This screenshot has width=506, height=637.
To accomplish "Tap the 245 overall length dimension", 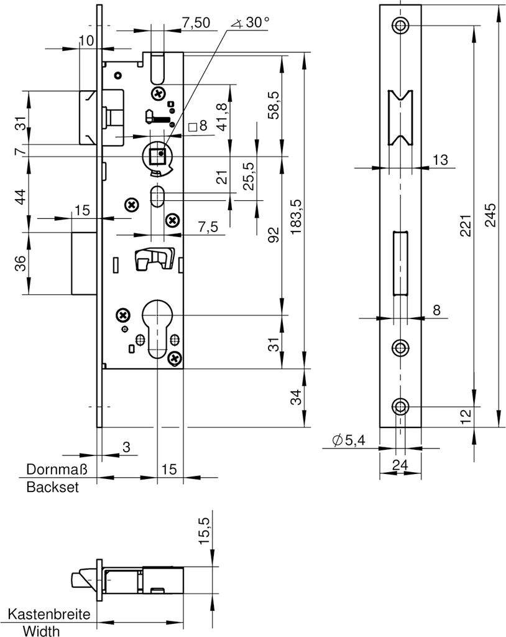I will point(490,214).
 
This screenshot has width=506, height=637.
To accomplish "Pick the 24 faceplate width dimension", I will point(400,464).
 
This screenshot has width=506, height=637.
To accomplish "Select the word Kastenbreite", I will point(49,615).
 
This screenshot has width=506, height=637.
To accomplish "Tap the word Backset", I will point(53,488).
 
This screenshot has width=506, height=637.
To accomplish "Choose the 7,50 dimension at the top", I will point(196,22).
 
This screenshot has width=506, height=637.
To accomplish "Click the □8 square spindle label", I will point(197,127).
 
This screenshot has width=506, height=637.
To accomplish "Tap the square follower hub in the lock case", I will point(159,154).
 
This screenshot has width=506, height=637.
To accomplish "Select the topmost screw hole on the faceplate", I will point(400,26).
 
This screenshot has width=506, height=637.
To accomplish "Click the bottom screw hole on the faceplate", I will point(400,407).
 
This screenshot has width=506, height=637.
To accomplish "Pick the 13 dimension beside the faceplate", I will point(440,160).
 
